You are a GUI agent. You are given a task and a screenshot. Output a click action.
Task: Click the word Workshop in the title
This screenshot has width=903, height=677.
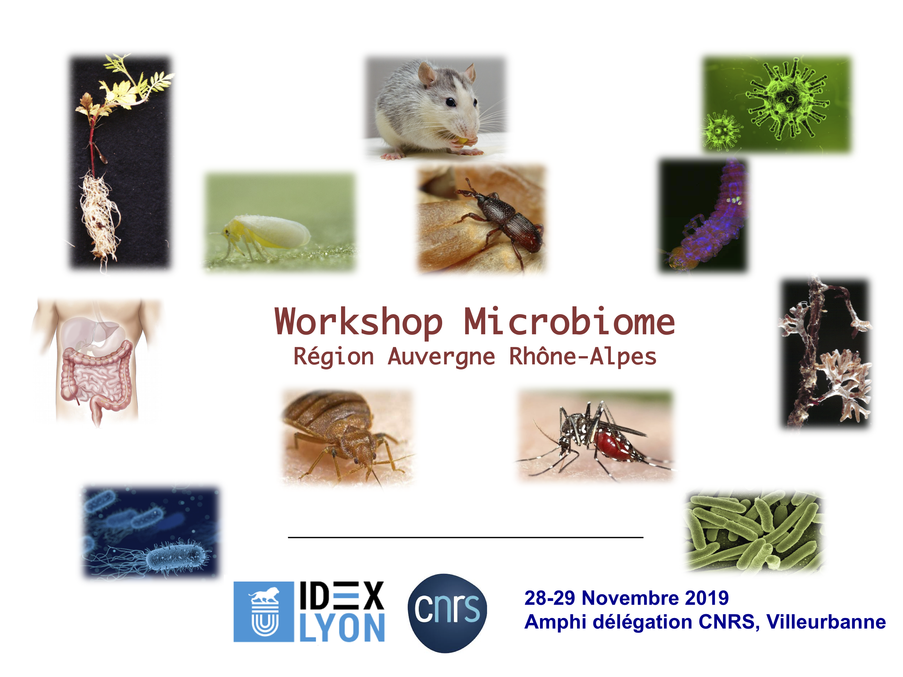tap(358, 322)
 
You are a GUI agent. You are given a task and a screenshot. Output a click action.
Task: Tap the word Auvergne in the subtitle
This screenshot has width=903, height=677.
tap(441, 357)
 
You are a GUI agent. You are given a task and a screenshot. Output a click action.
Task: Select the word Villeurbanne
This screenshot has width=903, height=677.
tap(826, 622)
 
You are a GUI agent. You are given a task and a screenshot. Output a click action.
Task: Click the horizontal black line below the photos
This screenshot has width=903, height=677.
tap(466, 537)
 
